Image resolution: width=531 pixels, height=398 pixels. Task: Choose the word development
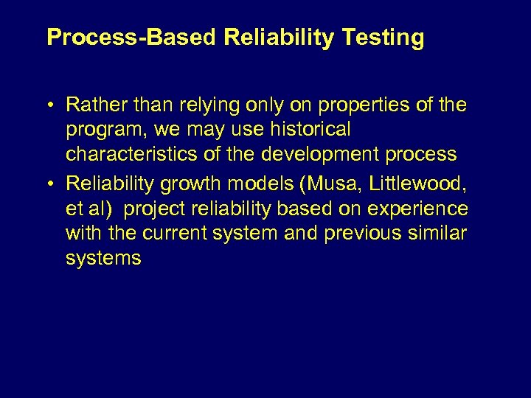[x=317, y=154]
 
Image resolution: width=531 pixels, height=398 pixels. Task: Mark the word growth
[x=195, y=182]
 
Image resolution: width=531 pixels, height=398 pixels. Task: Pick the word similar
[x=440, y=233]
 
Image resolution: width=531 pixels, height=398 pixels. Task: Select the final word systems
[x=103, y=259]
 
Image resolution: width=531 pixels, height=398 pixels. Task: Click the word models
[x=261, y=182]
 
